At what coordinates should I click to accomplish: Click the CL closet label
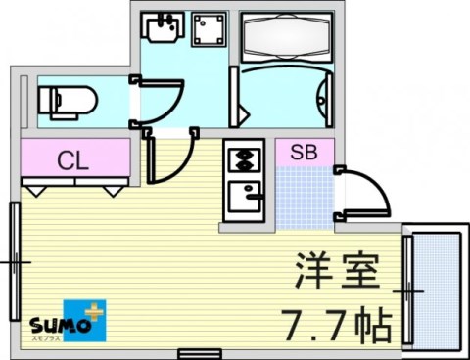[x=72, y=159]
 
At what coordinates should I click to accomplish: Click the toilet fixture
[x=65, y=100]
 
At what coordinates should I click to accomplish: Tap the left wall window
[x=15, y=262]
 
